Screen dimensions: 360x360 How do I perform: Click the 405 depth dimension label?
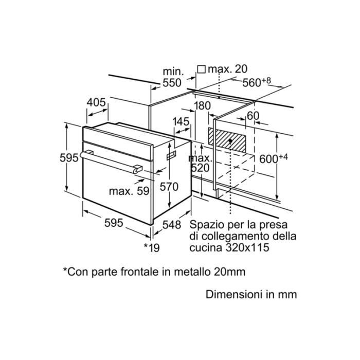(96, 103)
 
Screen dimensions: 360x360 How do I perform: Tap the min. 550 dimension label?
(172, 77)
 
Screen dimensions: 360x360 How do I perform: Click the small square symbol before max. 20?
(202, 69)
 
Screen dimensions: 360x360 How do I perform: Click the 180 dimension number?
(202, 106)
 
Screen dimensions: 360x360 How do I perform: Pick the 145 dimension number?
(181, 122)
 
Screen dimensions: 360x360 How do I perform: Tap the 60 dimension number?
(253, 116)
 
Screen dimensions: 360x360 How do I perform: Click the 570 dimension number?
(169, 187)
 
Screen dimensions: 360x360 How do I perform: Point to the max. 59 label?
(129, 191)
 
